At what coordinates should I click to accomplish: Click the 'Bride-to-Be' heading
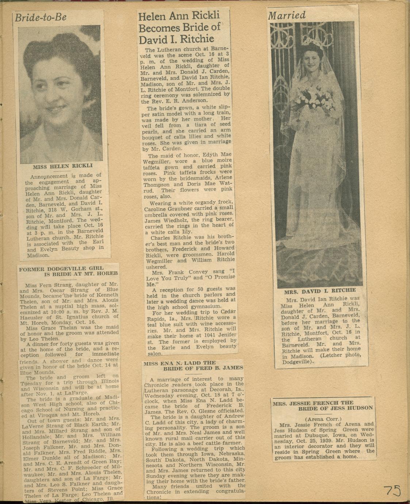(41, 18)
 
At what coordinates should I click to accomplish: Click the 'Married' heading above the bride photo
(287, 15)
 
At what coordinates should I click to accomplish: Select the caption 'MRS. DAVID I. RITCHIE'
(320, 291)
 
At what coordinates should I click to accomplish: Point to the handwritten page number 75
(392, 490)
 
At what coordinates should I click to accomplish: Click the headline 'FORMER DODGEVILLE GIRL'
(61, 268)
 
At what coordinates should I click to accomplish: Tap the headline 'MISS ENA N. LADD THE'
(179, 363)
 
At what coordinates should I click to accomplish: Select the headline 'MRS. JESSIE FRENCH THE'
(313, 404)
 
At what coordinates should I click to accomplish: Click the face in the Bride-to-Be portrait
(60, 91)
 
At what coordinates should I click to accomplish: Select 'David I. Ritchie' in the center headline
(176, 39)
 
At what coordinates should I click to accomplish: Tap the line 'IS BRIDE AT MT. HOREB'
(81, 274)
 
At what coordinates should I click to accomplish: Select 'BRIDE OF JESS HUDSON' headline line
(335, 408)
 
